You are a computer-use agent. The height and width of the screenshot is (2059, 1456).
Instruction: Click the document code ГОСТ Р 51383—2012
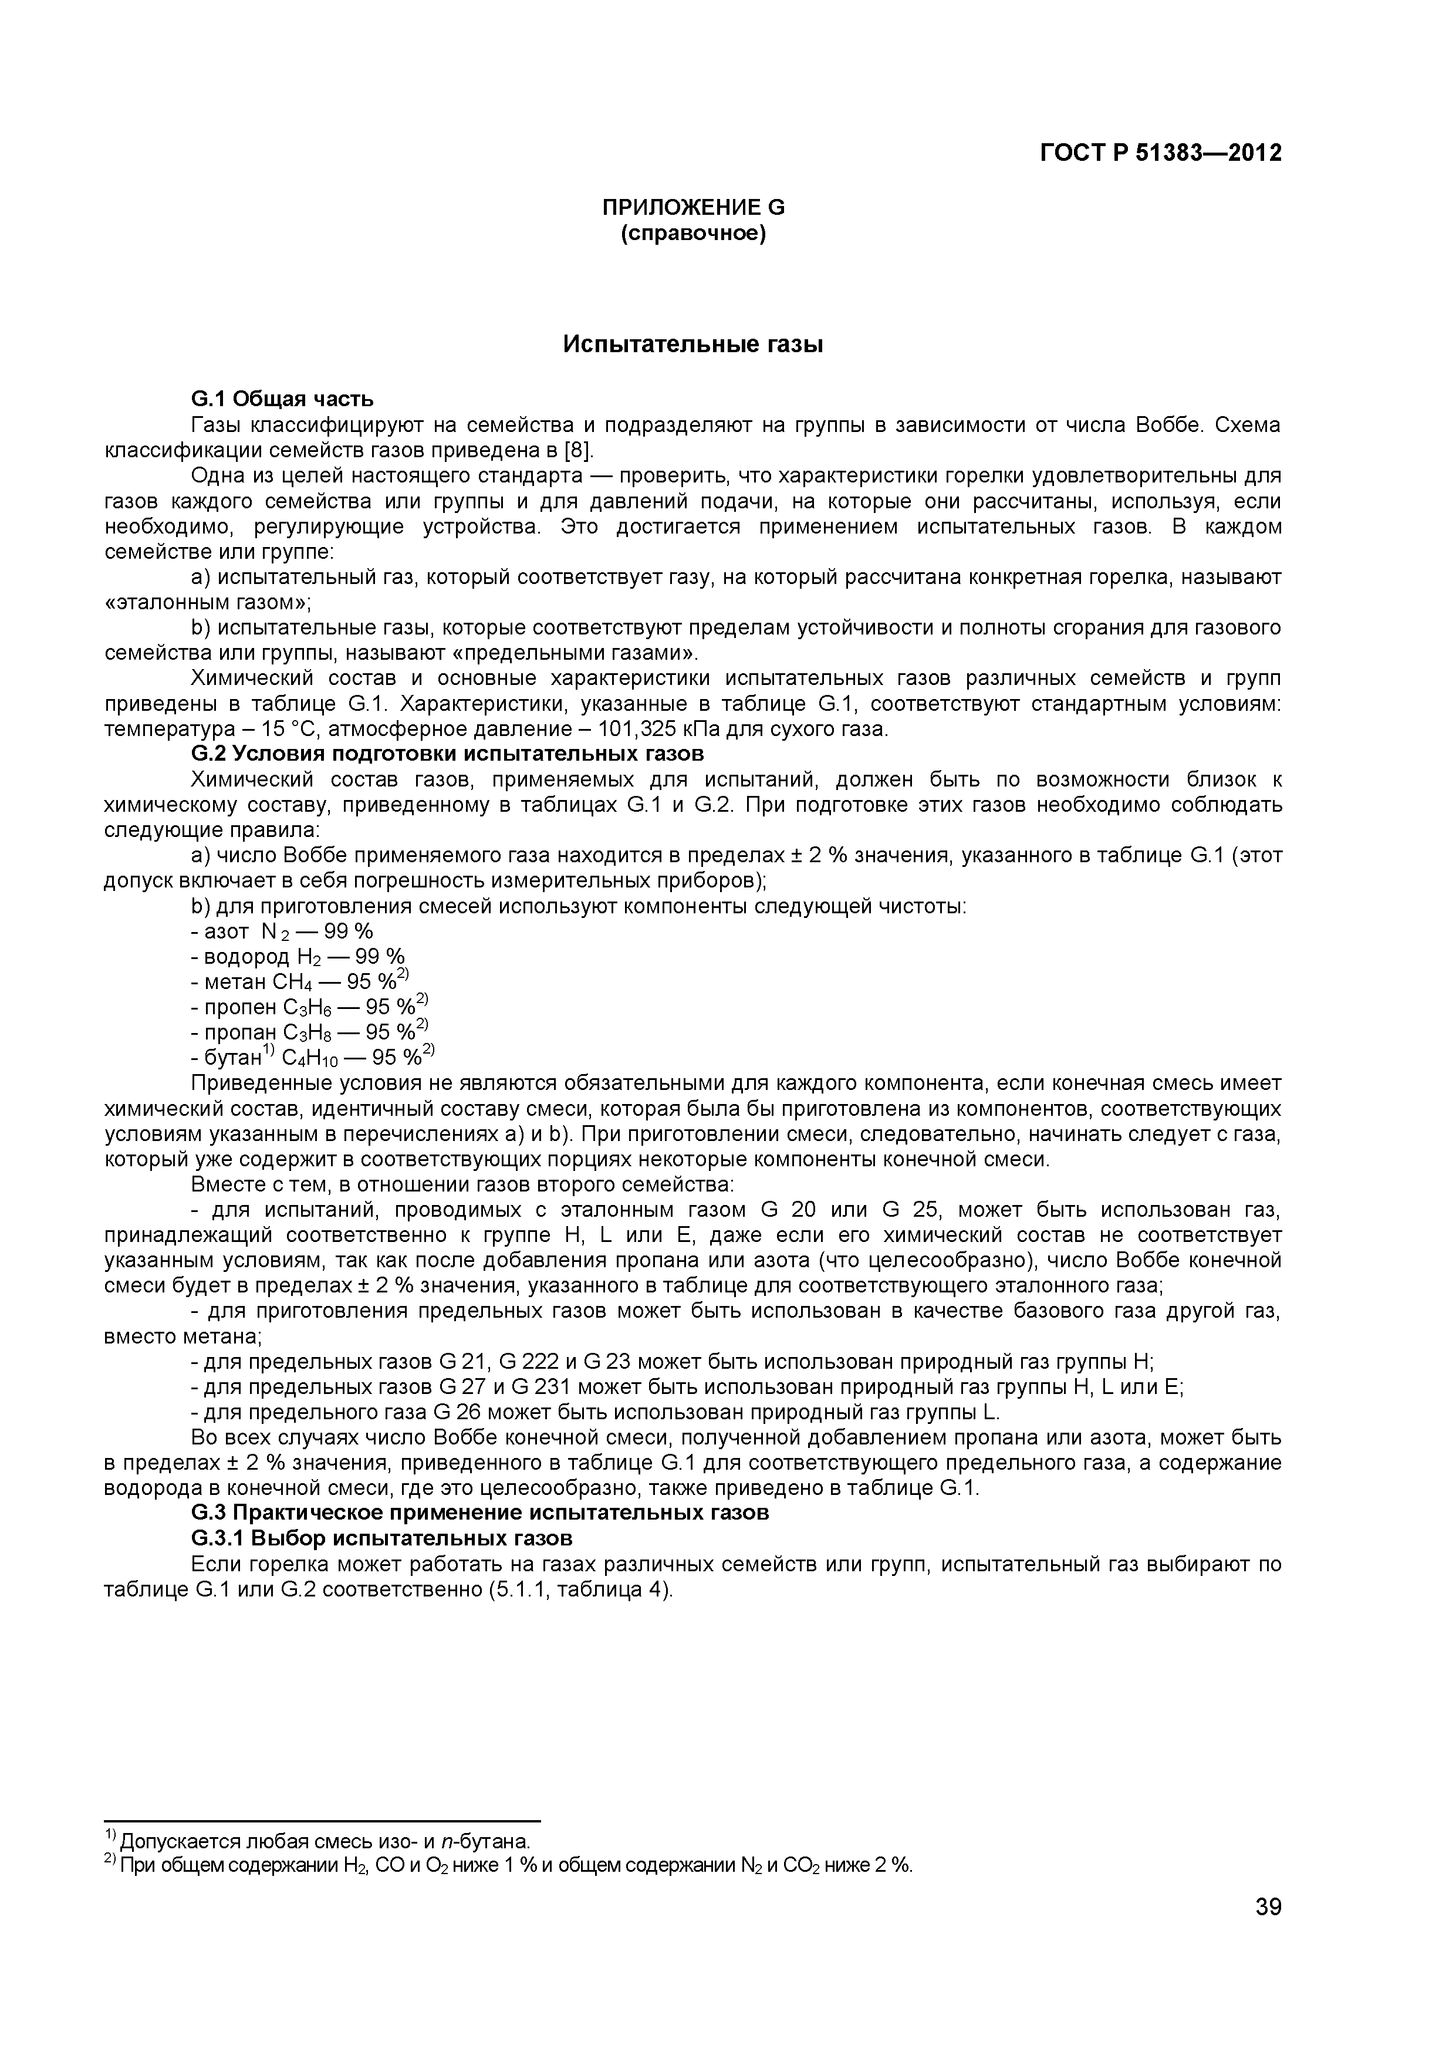tap(1160, 153)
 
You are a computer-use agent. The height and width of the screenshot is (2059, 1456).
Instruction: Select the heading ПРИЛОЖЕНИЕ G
tap(692, 207)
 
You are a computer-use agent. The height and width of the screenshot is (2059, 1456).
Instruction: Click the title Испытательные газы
tap(692, 345)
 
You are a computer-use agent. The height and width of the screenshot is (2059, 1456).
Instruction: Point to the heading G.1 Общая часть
tap(282, 398)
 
